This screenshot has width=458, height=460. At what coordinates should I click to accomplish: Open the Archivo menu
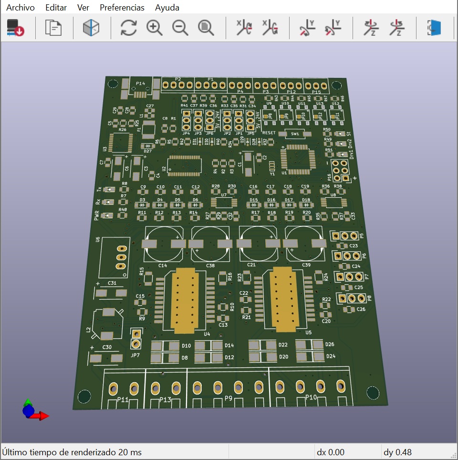click(21, 8)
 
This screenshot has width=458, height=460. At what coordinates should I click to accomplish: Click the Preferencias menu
click(122, 8)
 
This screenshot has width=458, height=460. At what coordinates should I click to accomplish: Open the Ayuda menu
click(167, 8)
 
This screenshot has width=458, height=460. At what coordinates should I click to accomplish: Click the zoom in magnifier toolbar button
click(154, 28)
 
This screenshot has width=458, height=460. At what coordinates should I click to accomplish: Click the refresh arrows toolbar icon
click(128, 28)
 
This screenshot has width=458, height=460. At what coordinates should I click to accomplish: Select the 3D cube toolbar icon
click(91, 28)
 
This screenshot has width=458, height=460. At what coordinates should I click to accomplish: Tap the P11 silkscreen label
click(123, 399)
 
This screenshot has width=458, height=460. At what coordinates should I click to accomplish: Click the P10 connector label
click(311, 397)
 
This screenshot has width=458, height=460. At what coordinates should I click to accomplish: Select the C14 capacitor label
click(163, 265)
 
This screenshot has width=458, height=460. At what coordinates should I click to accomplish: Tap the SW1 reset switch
click(294, 134)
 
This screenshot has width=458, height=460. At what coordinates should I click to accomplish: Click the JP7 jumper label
click(135, 355)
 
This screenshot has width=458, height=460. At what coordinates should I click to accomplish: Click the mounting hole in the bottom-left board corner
click(84, 396)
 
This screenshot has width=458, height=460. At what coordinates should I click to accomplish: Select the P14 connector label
click(140, 83)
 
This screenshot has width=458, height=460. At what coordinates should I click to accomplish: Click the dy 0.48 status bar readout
click(397, 452)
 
